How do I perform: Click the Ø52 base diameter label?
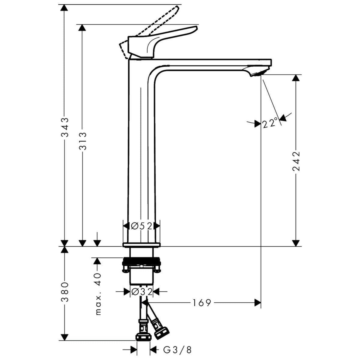pos(141,226)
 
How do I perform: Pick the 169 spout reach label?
pos(202,303)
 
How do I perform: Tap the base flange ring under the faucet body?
pos(141,245)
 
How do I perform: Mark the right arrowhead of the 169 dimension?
pos(258,303)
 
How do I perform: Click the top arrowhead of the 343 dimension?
pos(64,8)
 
